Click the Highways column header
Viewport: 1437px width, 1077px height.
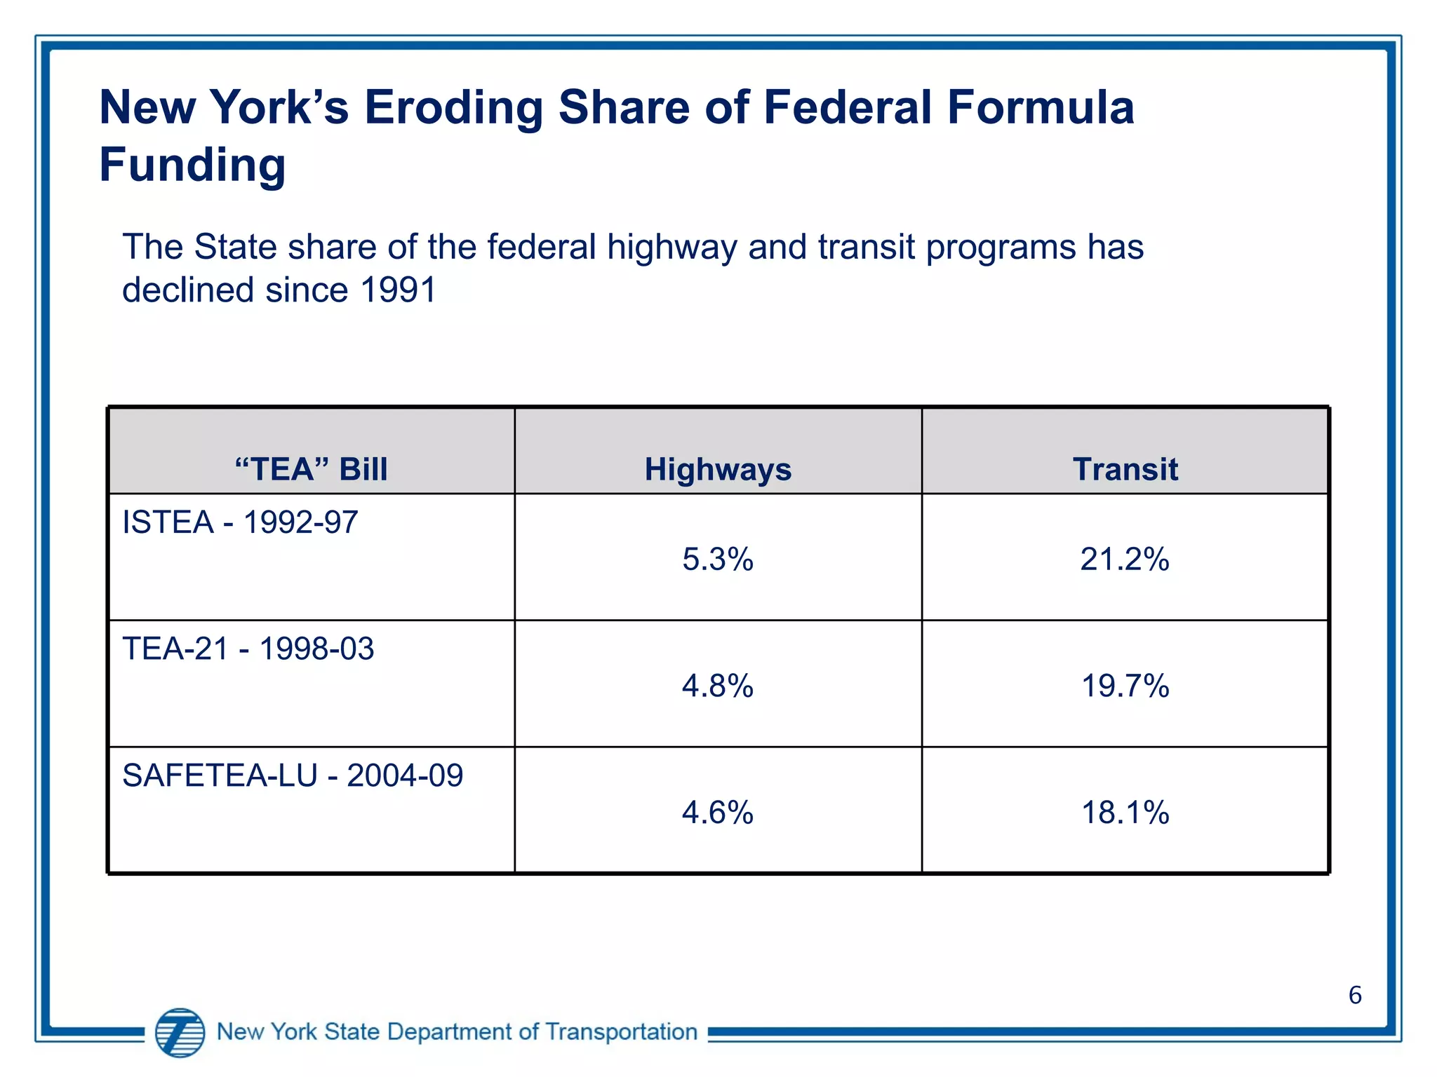(x=717, y=469)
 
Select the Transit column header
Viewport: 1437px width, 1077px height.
(x=1125, y=469)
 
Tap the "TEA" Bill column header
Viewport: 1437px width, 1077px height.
(x=311, y=469)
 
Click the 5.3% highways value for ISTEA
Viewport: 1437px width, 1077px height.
(x=717, y=560)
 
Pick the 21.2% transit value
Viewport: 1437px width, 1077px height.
(x=1125, y=560)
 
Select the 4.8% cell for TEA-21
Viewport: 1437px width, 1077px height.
(x=717, y=686)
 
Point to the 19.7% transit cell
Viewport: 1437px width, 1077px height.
(x=1125, y=686)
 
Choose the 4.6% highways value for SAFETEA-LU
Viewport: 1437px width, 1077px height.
(x=717, y=813)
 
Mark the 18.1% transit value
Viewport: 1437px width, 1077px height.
(x=1125, y=813)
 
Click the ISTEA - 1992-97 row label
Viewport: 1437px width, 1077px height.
(x=240, y=522)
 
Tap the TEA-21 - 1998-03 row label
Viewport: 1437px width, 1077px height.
(x=248, y=649)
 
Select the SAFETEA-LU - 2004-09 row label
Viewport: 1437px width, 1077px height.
(x=293, y=775)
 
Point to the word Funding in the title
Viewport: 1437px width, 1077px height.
(x=192, y=165)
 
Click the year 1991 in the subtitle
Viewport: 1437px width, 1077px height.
(x=398, y=290)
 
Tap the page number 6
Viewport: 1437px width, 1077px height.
(x=1355, y=995)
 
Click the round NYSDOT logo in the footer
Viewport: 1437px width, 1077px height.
(x=180, y=1032)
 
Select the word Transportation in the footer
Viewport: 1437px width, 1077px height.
(x=621, y=1032)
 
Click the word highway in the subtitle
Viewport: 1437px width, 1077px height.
(x=671, y=248)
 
